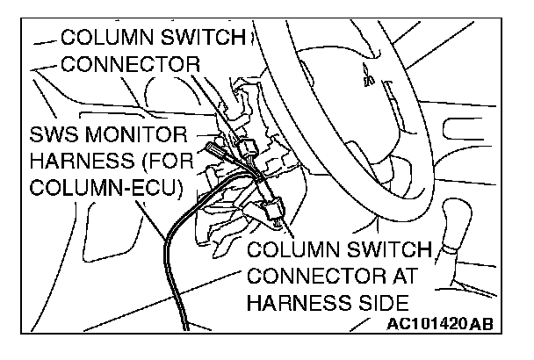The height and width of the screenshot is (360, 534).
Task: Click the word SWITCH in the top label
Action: [200, 39]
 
